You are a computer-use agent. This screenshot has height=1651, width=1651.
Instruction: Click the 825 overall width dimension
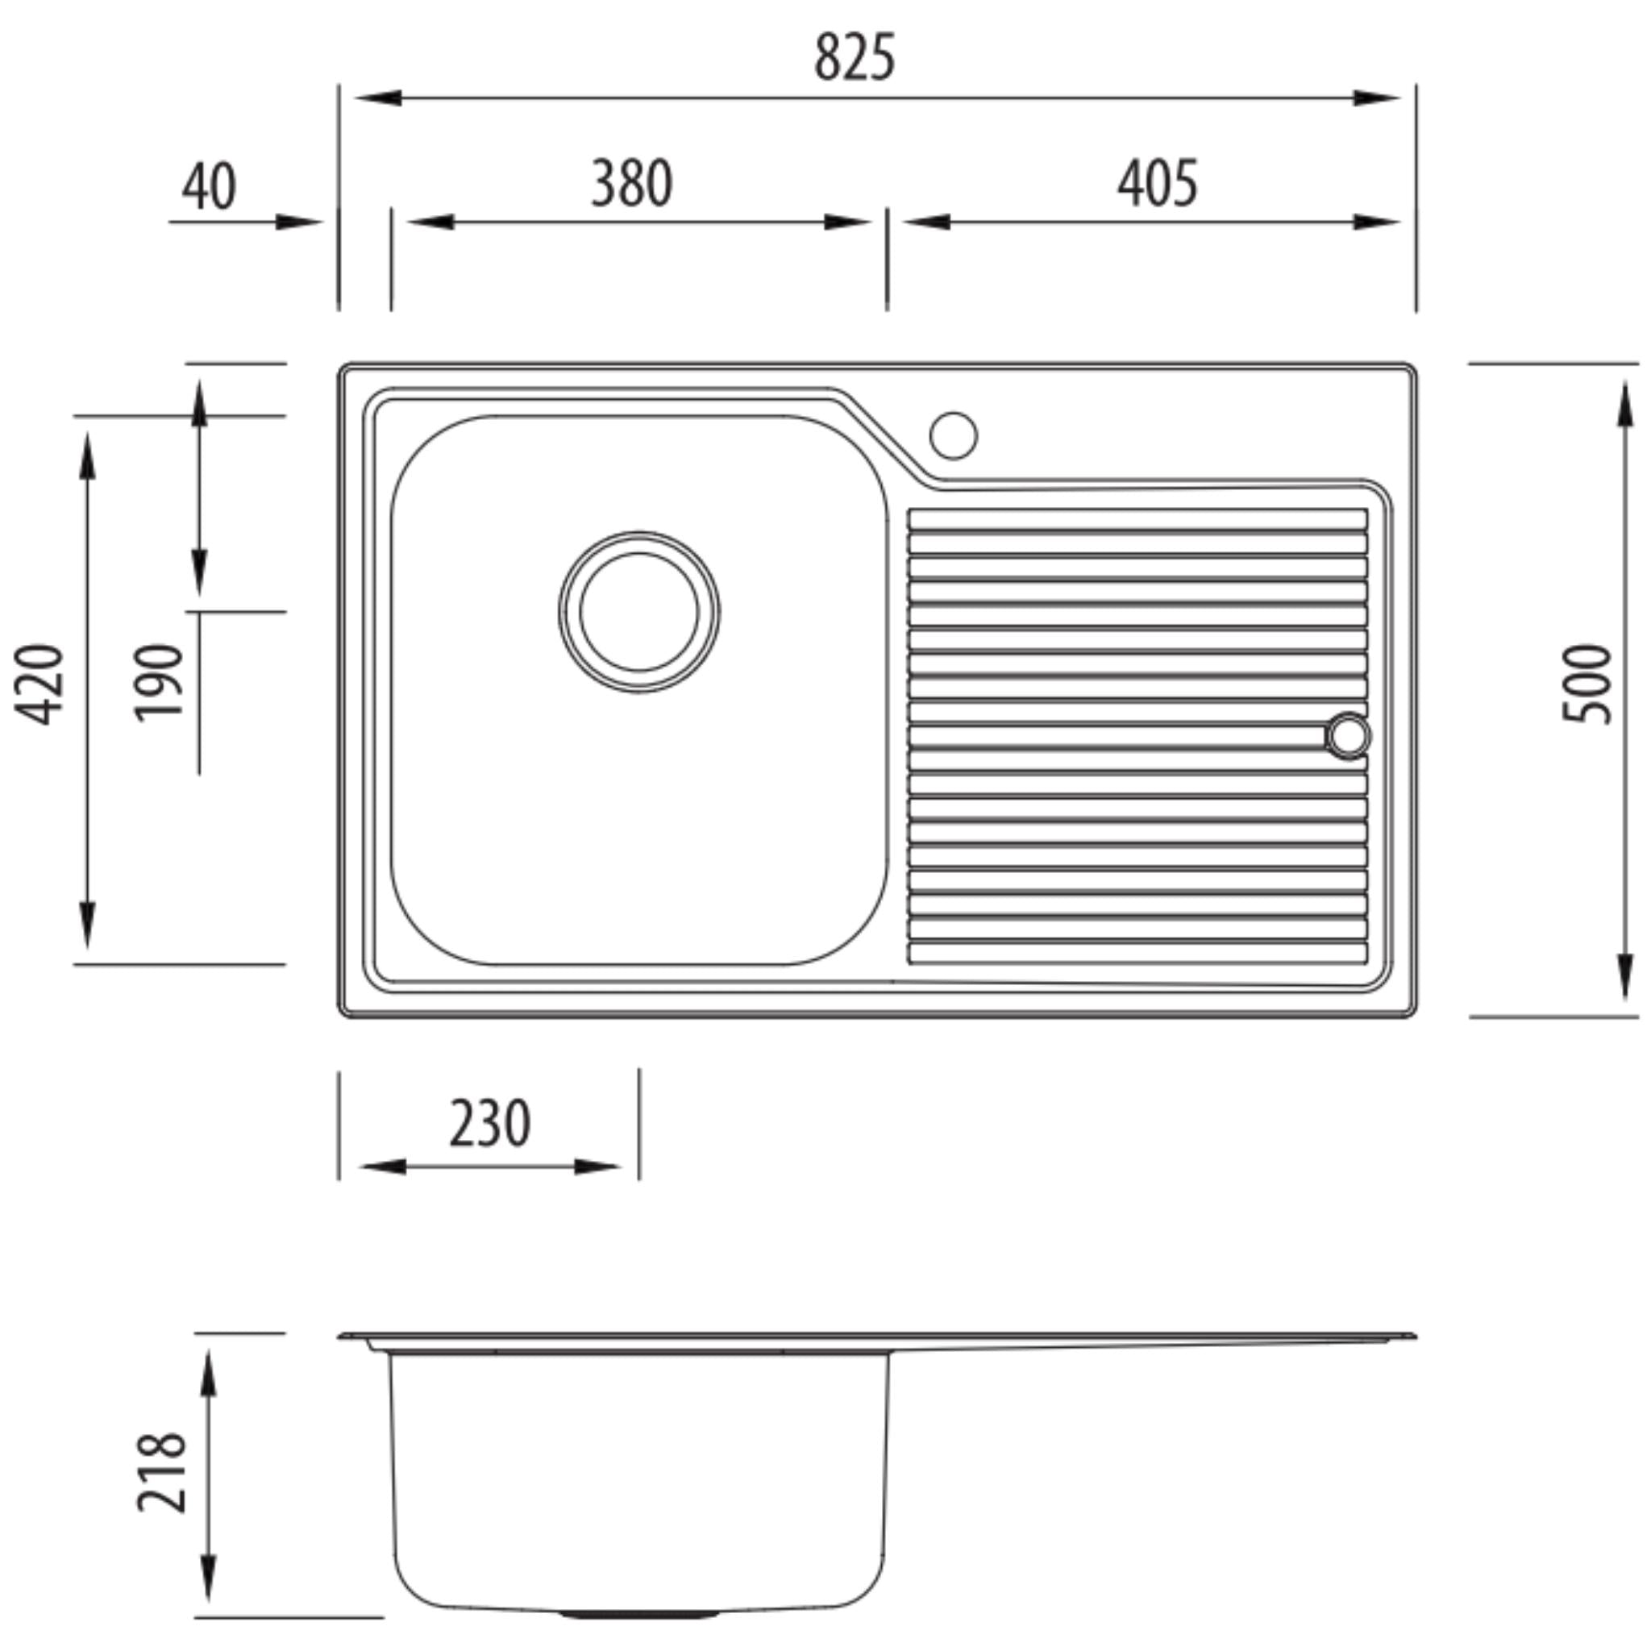[x=855, y=57]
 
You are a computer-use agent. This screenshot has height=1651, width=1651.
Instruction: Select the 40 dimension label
[x=210, y=187]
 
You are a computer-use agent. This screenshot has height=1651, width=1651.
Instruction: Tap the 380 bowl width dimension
[x=632, y=183]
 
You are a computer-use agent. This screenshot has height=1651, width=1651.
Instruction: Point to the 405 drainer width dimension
[x=1157, y=183]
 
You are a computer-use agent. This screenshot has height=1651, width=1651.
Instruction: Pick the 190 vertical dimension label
[x=159, y=683]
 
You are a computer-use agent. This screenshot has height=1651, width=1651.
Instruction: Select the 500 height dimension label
[x=1585, y=684]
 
